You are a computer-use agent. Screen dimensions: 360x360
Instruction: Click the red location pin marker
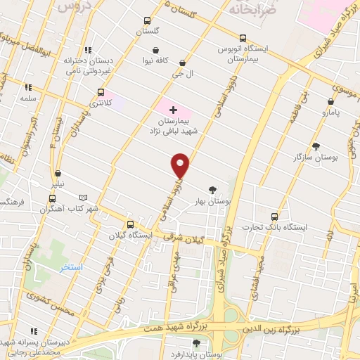(181, 166)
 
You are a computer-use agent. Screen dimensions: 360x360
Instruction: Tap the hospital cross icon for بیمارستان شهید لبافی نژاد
(173, 109)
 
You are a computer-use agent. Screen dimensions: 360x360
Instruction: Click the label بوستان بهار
(214, 201)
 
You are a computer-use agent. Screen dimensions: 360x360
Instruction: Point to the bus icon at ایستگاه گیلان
(129, 224)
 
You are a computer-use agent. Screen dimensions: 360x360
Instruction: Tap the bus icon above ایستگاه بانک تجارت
(274, 216)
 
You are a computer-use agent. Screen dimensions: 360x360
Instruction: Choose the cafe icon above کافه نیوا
(155, 51)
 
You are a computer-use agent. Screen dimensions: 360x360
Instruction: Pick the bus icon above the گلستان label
(147, 20)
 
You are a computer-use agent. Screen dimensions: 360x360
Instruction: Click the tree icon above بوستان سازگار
(315, 146)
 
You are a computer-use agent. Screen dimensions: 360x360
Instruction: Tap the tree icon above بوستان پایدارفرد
(195, 343)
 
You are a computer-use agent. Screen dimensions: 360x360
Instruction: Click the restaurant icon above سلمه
(29, 88)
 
